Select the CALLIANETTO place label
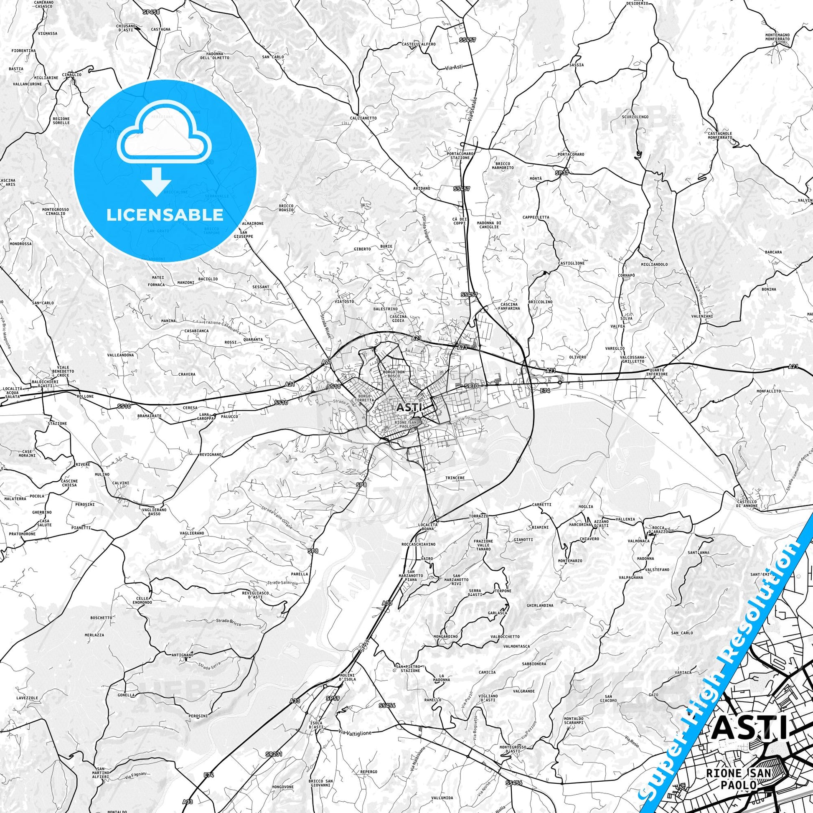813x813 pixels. coord(363,118)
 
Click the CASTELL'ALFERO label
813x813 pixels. coord(418,44)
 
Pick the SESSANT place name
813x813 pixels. coord(260,287)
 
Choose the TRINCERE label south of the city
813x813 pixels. coord(455,478)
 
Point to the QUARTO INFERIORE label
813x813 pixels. coord(658,371)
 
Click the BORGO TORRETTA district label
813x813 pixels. coord(363,399)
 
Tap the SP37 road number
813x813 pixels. coord(561,173)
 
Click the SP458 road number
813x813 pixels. coord(151,12)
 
